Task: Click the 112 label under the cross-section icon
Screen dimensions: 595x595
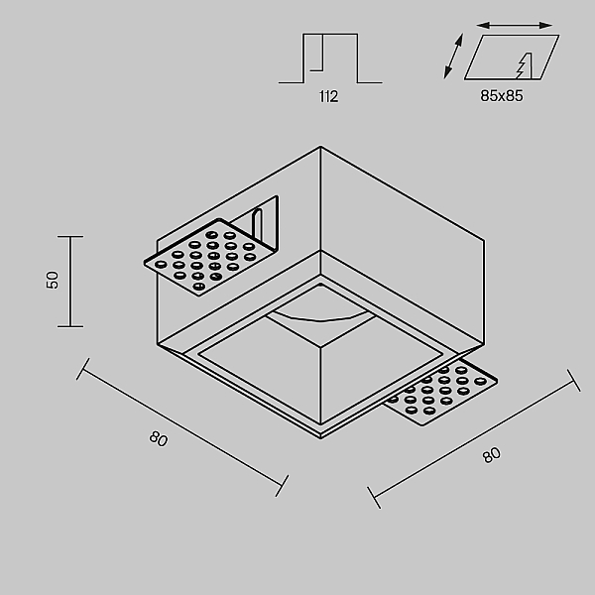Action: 328,96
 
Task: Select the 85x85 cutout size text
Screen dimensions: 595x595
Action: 502,95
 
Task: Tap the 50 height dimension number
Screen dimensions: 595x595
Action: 53,280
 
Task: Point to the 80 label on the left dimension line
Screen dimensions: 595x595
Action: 159,438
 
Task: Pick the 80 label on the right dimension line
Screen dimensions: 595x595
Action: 492,455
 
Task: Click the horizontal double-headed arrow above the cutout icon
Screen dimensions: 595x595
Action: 514,26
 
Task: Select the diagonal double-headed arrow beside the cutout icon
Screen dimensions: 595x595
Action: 453,57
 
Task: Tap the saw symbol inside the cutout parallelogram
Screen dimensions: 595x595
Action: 524,65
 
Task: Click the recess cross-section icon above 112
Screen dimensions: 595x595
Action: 330,58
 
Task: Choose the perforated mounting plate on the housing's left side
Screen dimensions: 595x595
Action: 208,257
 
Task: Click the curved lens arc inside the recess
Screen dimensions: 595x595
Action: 321,319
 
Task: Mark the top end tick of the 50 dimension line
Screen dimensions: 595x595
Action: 70,236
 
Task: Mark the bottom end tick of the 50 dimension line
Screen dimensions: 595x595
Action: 70,326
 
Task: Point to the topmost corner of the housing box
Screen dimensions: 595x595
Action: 320,147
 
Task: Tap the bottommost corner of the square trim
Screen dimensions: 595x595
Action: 320,438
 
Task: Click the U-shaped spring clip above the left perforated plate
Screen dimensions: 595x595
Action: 257,225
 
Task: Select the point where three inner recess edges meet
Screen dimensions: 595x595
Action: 320,346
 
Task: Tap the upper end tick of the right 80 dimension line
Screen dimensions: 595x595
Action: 574,380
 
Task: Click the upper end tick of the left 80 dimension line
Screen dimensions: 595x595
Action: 82,369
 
